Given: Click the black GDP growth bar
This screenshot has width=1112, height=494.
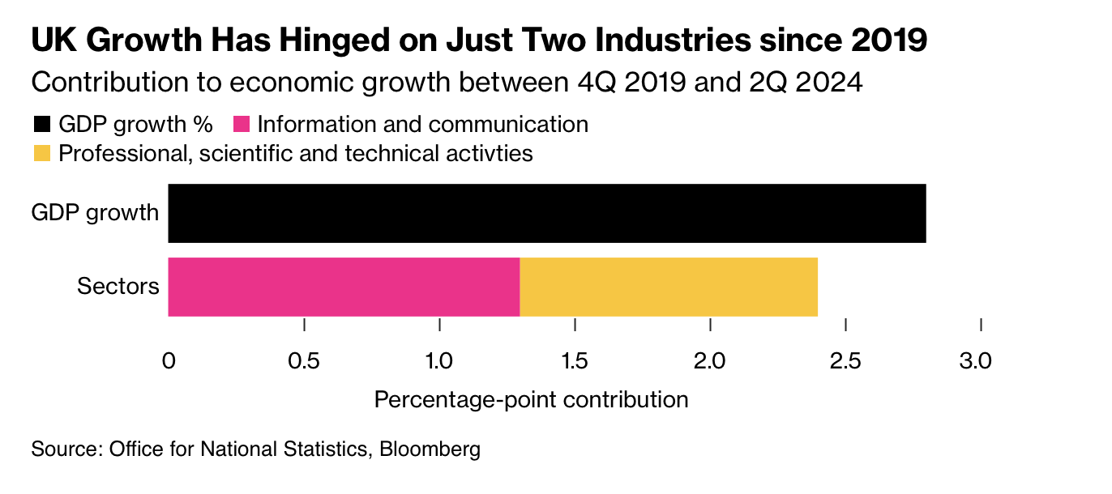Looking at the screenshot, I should click(546, 213).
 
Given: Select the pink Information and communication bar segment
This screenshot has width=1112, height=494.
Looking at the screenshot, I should click(343, 287).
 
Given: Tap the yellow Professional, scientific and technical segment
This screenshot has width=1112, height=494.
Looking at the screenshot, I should click(668, 287).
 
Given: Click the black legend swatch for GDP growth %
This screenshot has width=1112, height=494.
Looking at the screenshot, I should click(41, 125).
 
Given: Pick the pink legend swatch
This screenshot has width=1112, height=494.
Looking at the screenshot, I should click(242, 125).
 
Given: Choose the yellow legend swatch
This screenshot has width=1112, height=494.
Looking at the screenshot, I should click(41, 153).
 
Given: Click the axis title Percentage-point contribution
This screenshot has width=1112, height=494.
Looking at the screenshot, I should click(531, 399).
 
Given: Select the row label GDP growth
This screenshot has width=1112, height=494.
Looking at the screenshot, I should click(95, 213).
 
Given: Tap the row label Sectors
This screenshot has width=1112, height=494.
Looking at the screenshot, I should click(118, 287).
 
